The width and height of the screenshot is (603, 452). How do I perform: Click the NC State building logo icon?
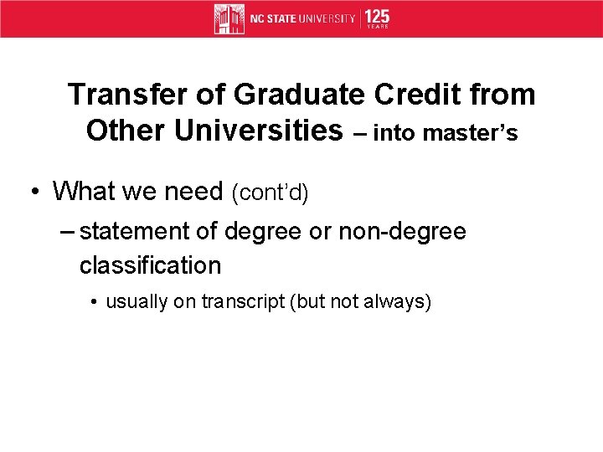pos(229,18)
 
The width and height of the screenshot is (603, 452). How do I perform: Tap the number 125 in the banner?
pos(377,16)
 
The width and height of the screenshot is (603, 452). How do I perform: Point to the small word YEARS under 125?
pos(378,28)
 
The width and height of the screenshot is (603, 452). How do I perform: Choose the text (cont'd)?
pos(271,193)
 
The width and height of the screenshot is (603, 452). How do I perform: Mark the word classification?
pos(150,265)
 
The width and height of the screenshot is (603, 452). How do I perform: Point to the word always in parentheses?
pos(398,301)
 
